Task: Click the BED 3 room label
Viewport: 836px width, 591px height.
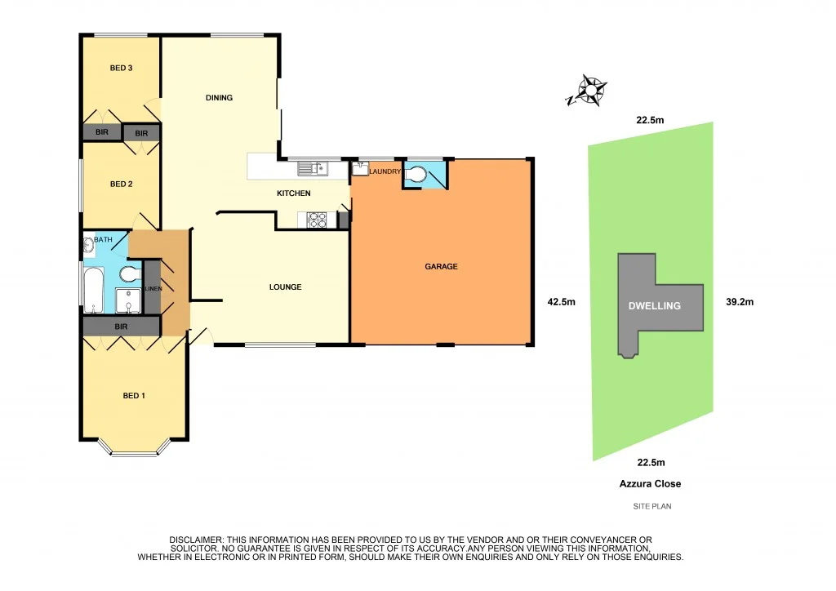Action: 121,68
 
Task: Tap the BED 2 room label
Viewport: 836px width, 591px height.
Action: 121,184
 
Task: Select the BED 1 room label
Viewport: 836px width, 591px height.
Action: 134,396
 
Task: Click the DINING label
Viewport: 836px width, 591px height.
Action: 219,98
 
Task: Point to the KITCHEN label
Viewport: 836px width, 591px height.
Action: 293,193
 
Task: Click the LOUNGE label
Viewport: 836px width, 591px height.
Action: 286,287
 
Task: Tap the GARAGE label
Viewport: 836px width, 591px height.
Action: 441,266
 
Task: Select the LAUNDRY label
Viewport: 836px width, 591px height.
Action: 384,171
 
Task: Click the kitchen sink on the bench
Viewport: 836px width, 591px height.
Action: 312,169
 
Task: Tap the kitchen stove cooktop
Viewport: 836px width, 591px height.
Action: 316,219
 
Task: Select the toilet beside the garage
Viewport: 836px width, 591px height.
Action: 417,175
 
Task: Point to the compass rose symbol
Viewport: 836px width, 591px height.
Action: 589,90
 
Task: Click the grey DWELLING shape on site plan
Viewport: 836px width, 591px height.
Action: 653,305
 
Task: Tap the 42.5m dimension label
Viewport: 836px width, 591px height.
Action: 561,301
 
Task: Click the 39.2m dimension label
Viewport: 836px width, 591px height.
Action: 739,301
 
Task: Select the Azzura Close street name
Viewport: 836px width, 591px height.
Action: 650,483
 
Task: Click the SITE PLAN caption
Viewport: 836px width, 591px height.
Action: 651,506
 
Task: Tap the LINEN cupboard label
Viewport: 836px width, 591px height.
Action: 153,289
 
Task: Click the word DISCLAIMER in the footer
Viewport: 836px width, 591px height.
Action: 196,540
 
